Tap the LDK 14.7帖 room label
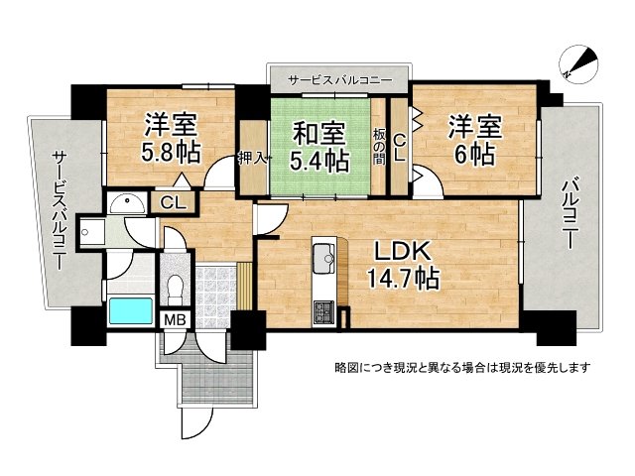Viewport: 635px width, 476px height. (406, 265)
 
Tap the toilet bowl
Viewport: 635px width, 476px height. (175, 289)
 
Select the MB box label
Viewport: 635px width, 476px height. (175, 320)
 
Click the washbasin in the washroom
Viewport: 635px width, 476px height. (125, 204)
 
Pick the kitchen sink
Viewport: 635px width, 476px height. (324, 261)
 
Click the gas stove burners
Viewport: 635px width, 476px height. (323, 313)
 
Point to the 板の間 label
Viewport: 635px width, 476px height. (379, 146)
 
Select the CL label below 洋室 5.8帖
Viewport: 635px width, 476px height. (173, 203)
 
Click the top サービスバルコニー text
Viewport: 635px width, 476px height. (339, 79)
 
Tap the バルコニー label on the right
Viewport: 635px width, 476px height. (569, 212)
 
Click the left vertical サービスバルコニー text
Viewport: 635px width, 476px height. (59, 212)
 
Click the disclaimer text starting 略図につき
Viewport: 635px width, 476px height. (462, 368)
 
